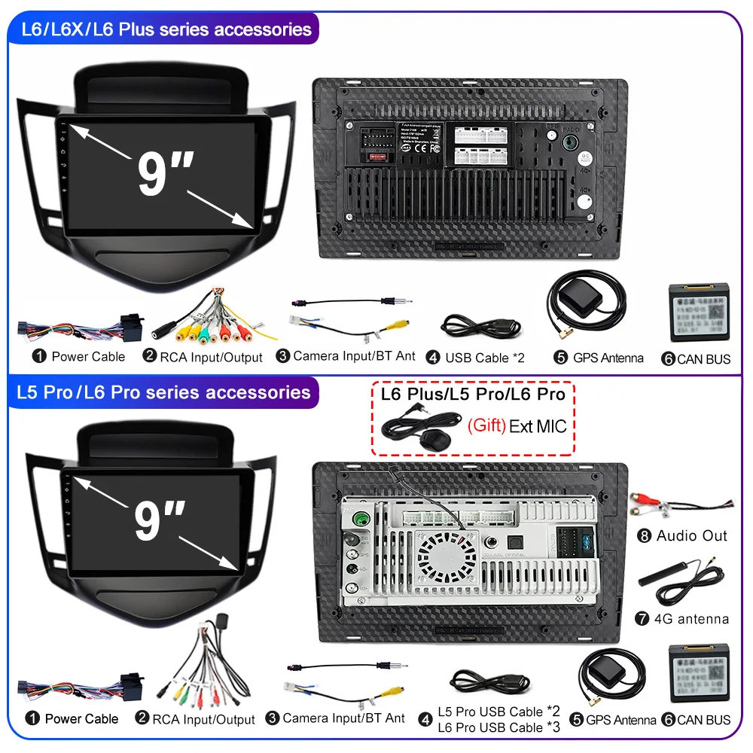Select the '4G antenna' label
tap(692, 619)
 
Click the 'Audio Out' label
tap(692, 536)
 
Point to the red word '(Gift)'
tap(486, 425)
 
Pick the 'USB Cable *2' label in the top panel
tap(484, 358)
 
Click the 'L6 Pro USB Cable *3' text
tap(499, 727)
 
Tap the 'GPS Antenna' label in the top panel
tap(608, 358)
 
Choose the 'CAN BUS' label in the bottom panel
tap(703, 720)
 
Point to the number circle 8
tap(643, 536)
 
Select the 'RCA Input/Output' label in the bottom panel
tap(203, 720)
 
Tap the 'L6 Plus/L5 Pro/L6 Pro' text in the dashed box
tap(473, 394)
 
